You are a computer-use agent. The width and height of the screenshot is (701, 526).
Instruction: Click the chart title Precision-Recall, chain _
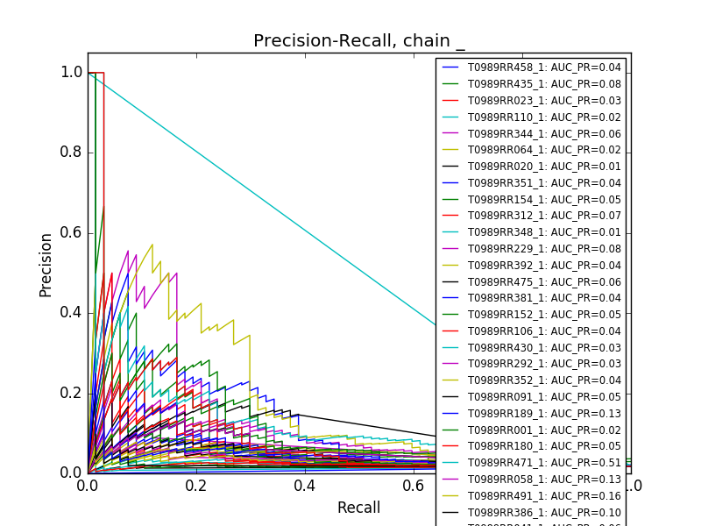tap(359, 41)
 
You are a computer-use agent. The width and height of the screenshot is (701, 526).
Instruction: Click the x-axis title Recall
tap(358, 508)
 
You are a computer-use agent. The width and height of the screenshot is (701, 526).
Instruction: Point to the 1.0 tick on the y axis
tap(72, 72)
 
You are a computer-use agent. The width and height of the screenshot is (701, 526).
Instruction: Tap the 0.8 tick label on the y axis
tap(72, 153)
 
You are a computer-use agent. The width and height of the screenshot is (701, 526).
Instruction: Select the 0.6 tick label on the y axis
tap(72, 232)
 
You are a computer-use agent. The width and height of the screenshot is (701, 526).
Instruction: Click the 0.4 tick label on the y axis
tap(72, 312)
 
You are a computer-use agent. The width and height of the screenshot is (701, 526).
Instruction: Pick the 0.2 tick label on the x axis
tap(196, 486)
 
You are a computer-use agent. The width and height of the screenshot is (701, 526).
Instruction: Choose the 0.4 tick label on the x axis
tap(305, 486)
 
